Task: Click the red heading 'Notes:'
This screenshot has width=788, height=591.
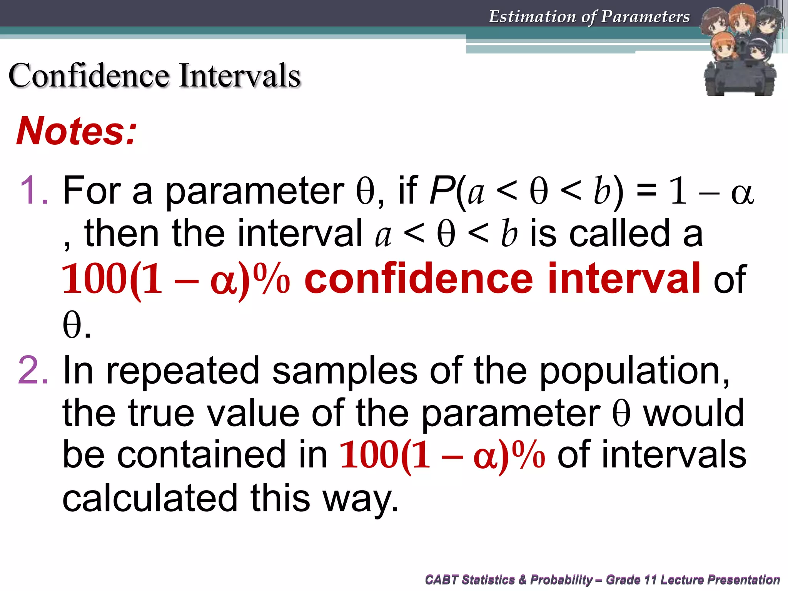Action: pyautogui.click(x=76, y=131)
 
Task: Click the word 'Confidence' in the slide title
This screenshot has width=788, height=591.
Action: pyautogui.click(x=89, y=75)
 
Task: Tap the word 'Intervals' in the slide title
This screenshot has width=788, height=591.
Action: pyautogui.click(x=239, y=75)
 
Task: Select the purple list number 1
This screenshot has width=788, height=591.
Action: pyautogui.click(x=34, y=190)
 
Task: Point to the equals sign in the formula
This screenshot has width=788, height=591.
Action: pyautogui.click(x=646, y=190)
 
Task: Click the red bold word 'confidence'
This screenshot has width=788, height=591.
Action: pyautogui.click(x=419, y=278)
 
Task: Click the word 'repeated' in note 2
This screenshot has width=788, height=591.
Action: pyautogui.click(x=183, y=371)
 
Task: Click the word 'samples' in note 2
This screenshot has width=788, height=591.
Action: pyautogui.click(x=345, y=371)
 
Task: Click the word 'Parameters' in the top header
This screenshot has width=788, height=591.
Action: pyautogui.click(x=645, y=17)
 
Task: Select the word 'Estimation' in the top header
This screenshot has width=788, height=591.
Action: pyautogui.click(x=533, y=17)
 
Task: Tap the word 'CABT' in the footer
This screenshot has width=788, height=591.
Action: pyautogui.click(x=441, y=579)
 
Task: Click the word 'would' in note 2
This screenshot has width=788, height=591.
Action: pyautogui.click(x=694, y=413)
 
